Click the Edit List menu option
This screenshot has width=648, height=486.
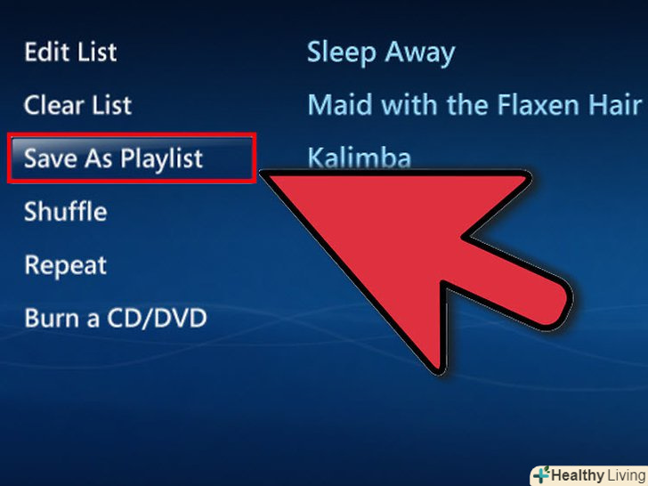click(70, 52)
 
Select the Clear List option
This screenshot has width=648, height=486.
click(77, 104)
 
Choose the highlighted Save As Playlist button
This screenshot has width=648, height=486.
click(132, 158)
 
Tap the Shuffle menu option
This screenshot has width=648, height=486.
click(66, 211)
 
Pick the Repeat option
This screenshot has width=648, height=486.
click(65, 265)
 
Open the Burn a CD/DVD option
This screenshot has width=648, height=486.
click(116, 318)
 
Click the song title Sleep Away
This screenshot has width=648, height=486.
click(381, 53)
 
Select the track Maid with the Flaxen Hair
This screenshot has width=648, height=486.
click(474, 104)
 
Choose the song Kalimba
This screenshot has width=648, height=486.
click(360, 157)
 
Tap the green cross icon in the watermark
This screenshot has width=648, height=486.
click(541, 474)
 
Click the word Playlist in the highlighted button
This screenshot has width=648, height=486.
click(162, 159)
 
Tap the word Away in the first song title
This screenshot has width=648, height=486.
click(420, 53)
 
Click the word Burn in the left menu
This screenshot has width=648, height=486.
click(52, 318)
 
